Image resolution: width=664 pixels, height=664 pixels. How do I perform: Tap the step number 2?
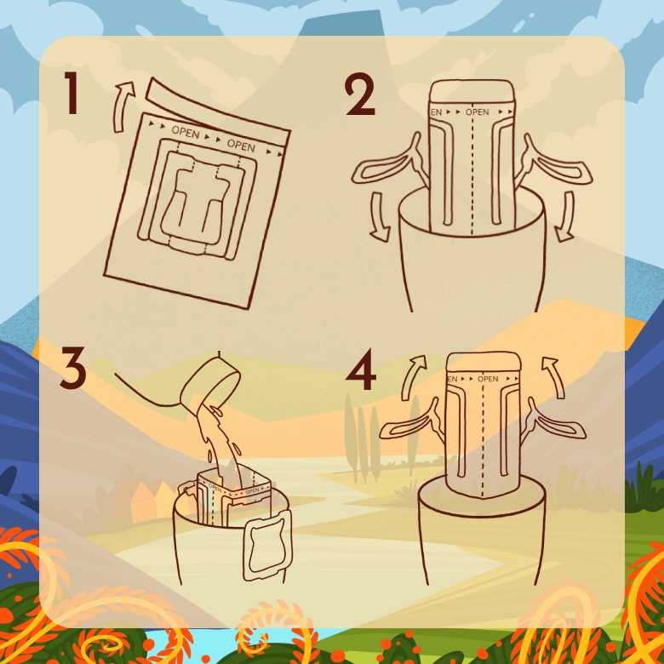(x=359, y=95)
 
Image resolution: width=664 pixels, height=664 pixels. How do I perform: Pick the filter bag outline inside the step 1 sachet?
(x=198, y=200)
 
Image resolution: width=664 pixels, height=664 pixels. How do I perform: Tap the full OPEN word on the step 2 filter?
(x=477, y=112)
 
